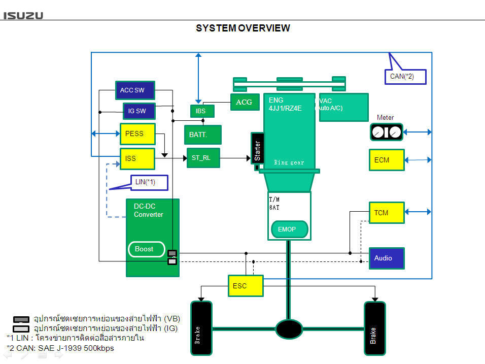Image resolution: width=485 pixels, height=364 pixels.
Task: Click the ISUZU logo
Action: (24, 15)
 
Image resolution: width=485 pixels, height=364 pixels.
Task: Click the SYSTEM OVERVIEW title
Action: (243, 28)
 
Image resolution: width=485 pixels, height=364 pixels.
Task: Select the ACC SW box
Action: (134, 90)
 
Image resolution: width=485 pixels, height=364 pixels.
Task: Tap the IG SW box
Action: (138, 111)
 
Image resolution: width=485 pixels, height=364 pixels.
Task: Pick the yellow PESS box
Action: (137, 134)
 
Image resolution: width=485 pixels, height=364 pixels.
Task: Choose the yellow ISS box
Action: (137, 158)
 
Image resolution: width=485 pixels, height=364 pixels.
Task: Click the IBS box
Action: (201, 111)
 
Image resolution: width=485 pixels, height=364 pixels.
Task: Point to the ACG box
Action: (245, 102)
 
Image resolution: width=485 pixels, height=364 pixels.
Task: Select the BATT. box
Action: (202, 135)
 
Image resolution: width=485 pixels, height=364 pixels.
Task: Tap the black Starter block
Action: (258, 149)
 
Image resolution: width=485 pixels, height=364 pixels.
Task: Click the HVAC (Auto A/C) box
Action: (343, 107)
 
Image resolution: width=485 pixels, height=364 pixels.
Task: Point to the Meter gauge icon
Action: (386, 132)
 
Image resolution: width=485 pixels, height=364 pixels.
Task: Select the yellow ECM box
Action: (386, 160)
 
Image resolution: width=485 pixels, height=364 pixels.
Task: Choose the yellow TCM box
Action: (386, 213)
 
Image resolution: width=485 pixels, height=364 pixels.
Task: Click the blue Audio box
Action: (386, 258)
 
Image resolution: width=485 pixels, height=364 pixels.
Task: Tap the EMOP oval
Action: (289, 229)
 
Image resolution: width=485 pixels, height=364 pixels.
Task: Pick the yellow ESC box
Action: (246, 286)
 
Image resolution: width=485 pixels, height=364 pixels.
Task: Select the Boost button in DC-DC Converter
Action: (146, 249)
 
